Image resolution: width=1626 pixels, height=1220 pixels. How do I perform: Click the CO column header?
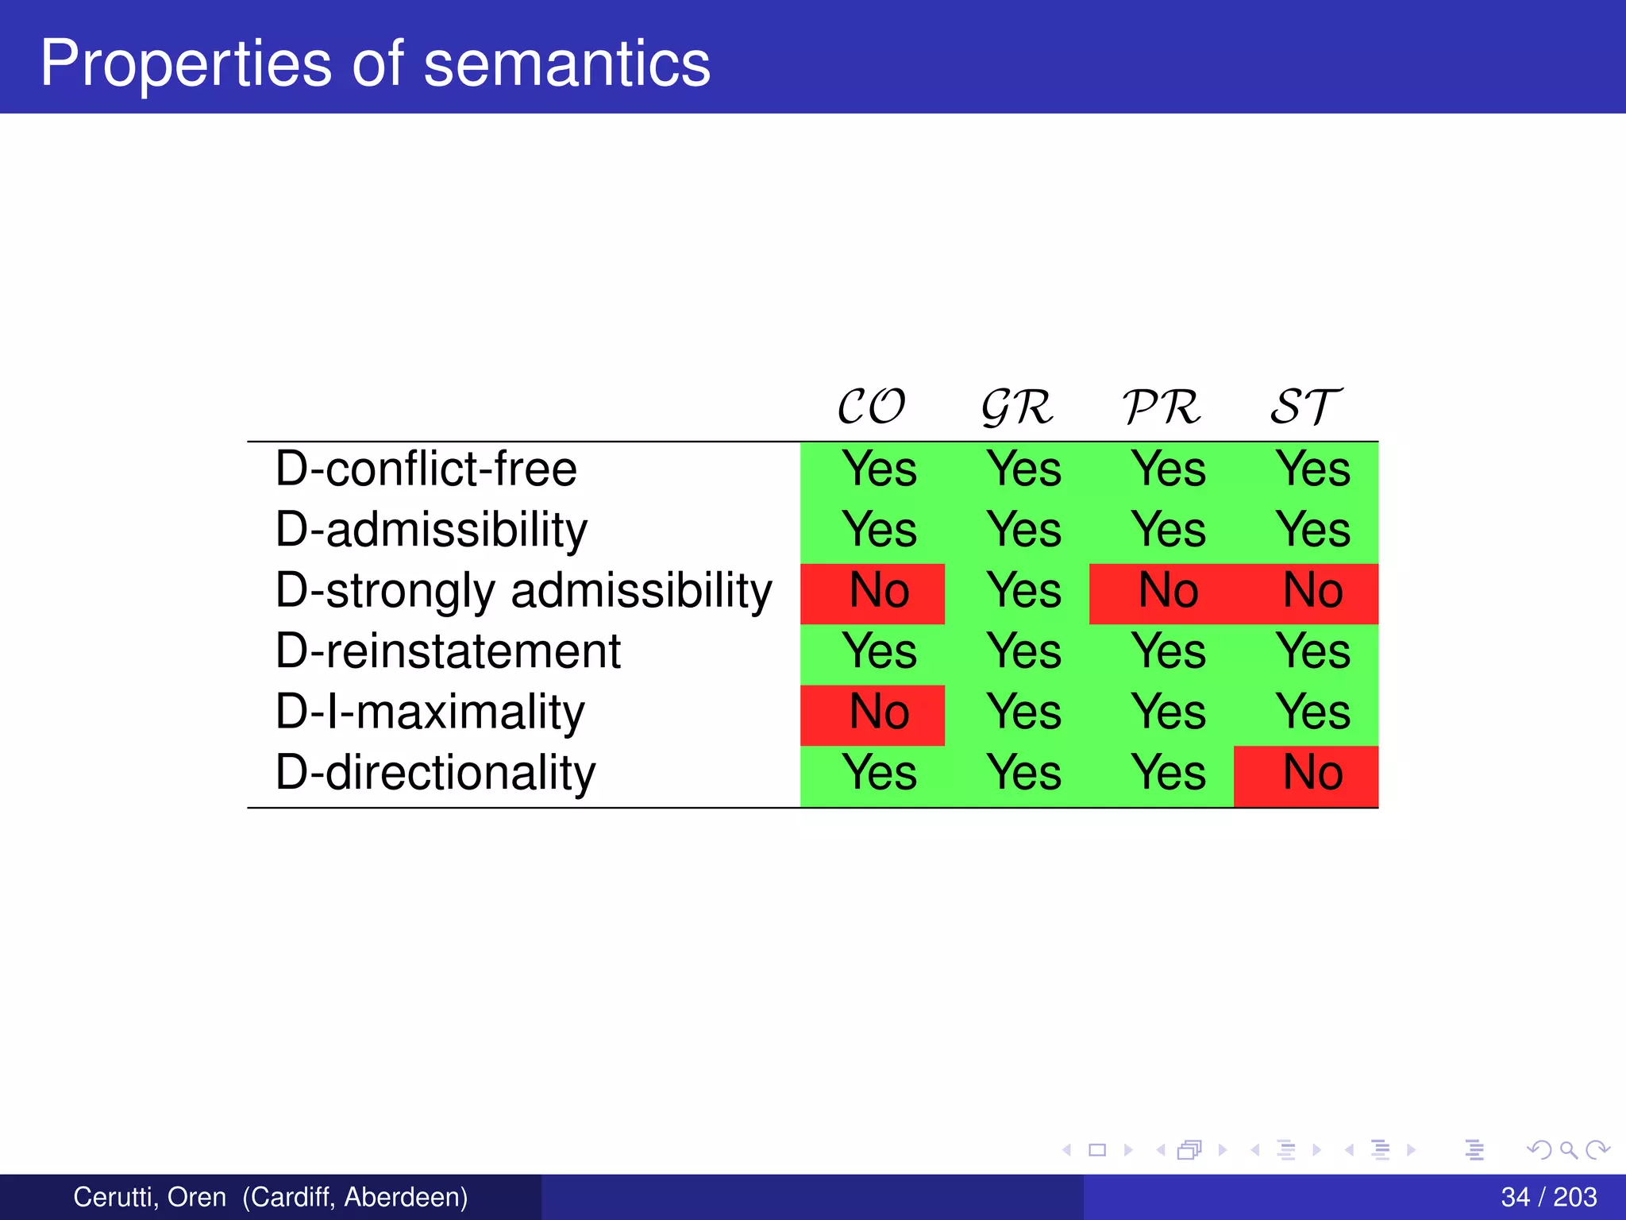[x=871, y=407]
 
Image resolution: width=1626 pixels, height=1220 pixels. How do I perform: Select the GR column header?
[x=1017, y=407]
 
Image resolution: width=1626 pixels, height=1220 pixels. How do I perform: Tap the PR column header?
[x=1162, y=407]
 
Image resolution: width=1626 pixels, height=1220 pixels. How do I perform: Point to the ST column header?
[x=1306, y=407]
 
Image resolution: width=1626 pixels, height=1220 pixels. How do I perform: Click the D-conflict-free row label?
[x=426, y=469]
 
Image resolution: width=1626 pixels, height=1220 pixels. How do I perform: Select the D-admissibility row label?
[x=431, y=530]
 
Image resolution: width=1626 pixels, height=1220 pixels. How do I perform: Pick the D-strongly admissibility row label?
[x=523, y=591]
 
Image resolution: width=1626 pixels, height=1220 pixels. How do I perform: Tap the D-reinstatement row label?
[x=448, y=651]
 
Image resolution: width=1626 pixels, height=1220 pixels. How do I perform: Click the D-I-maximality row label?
[x=430, y=712]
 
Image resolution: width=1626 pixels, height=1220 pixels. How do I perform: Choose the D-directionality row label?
[x=435, y=773]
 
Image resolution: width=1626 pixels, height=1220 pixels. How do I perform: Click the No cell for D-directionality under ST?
[x=1313, y=773]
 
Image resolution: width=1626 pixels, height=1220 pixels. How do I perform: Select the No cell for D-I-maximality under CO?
[x=879, y=712]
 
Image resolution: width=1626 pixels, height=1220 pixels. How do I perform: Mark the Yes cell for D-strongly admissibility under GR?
[x=1023, y=591]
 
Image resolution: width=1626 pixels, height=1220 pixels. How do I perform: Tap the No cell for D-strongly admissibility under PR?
[x=1168, y=591]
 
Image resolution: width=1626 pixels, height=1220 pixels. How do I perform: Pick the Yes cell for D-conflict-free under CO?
[x=879, y=469]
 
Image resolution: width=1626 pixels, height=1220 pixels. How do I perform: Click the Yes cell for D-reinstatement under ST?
[x=1313, y=651]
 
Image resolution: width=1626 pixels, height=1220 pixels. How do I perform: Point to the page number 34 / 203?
[x=1548, y=1197]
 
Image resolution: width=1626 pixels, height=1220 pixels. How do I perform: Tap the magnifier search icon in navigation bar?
[x=1569, y=1149]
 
